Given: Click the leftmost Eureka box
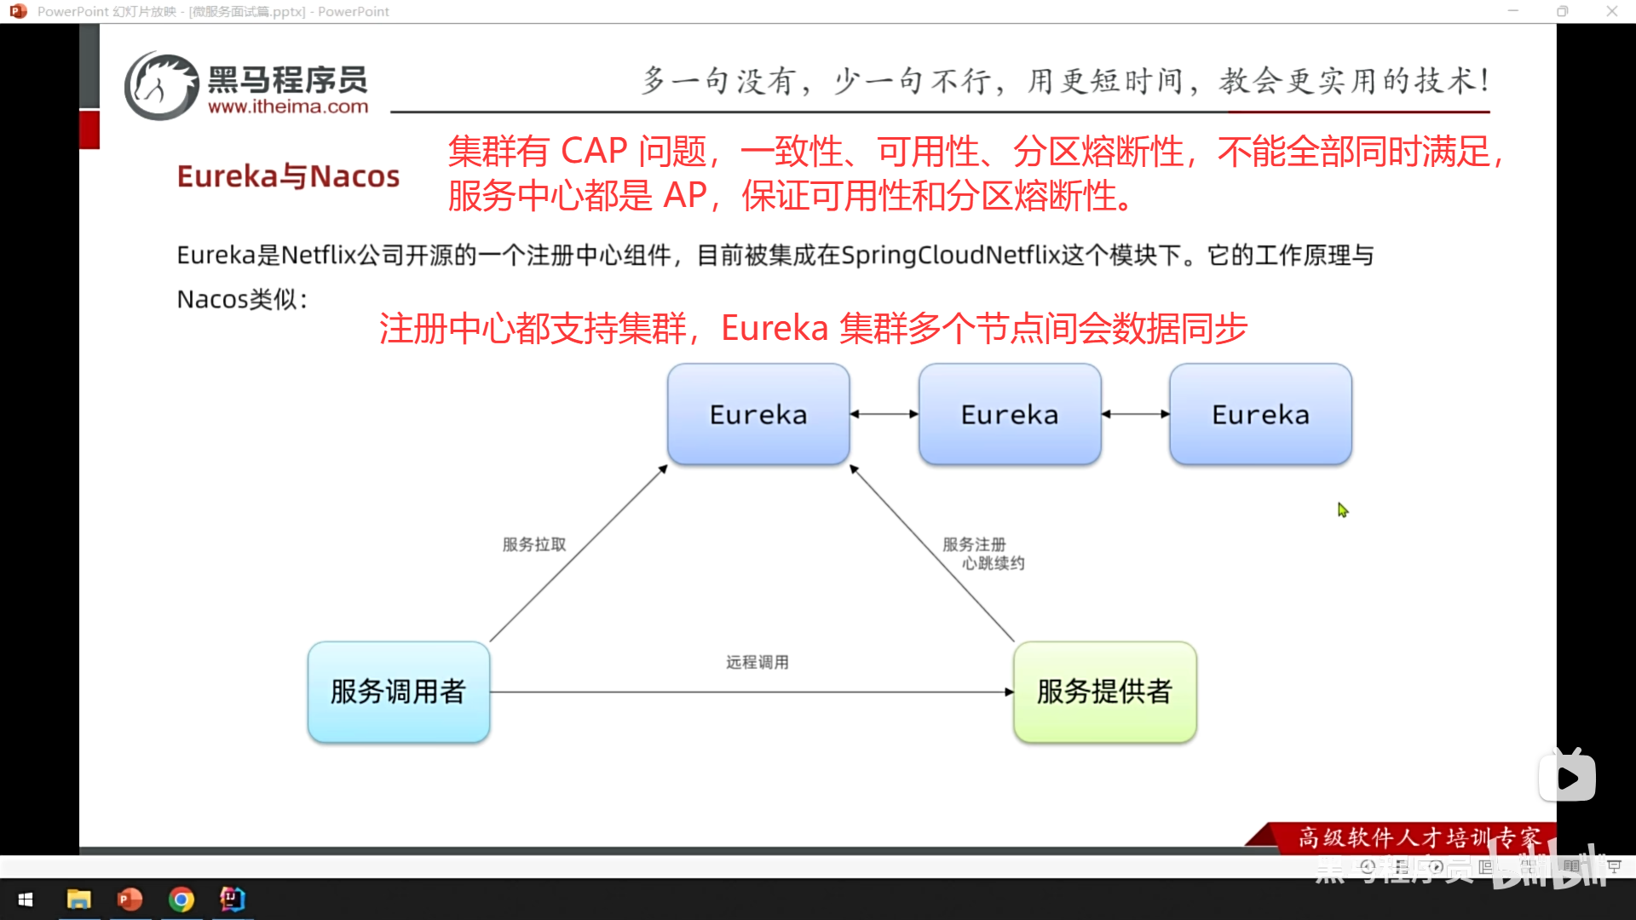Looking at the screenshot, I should (x=758, y=415).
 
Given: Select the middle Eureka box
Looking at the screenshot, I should (x=1010, y=415).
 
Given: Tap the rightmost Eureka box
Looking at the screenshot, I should (x=1260, y=415).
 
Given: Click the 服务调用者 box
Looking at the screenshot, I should (x=398, y=692).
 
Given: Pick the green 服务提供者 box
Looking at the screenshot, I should (x=1104, y=692).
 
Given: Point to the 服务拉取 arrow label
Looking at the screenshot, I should (x=534, y=544).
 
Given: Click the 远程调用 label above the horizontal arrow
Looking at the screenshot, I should (x=758, y=662).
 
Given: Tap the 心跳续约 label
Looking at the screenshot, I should (x=994, y=563).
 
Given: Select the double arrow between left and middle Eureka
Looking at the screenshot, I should (x=884, y=414).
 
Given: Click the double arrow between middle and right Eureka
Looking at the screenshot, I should (x=1136, y=414).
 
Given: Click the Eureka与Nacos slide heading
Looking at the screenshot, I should (x=288, y=176).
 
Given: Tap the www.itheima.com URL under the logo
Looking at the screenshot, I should (x=288, y=107).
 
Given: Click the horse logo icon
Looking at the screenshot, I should (x=161, y=86).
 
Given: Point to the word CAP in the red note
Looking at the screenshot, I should (x=594, y=152).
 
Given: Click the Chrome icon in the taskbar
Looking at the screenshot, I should (x=181, y=900).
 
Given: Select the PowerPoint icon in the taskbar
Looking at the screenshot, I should (x=130, y=900).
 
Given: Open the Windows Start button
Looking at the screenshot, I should (x=26, y=900).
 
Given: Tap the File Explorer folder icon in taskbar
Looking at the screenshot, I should (x=78, y=900).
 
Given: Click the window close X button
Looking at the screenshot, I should (x=1611, y=11).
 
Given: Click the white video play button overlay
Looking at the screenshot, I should (x=1567, y=777).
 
